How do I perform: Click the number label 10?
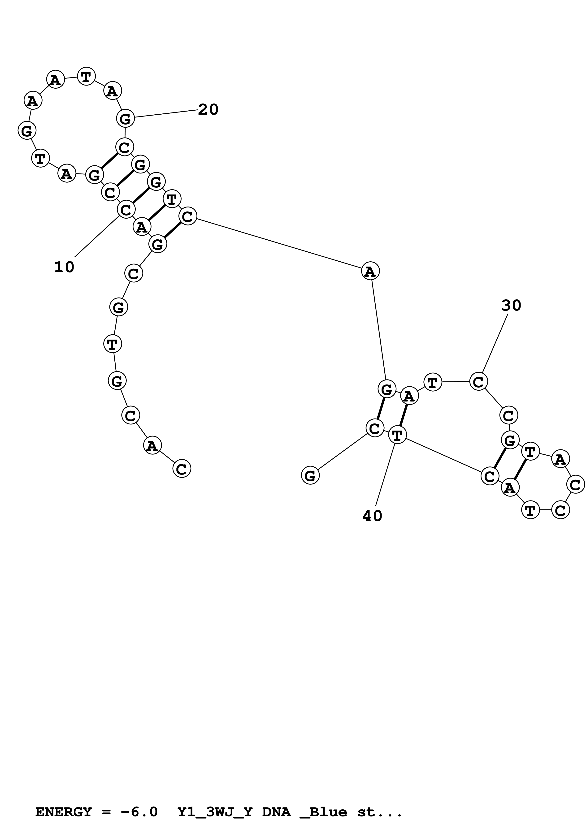point(64,267)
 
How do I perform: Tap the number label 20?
point(208,109)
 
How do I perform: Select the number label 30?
point(511,306)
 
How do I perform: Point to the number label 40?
point(372,516)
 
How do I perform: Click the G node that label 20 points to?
point(125,118)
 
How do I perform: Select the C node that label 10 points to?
point(126,209)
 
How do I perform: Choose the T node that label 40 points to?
point(397,435)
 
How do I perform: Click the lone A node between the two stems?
point(370,271)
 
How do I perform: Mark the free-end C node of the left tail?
point(182,469)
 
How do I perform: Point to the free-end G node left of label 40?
point(310,475)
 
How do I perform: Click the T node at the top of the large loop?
point(86,77)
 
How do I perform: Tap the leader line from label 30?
point(495,343)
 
